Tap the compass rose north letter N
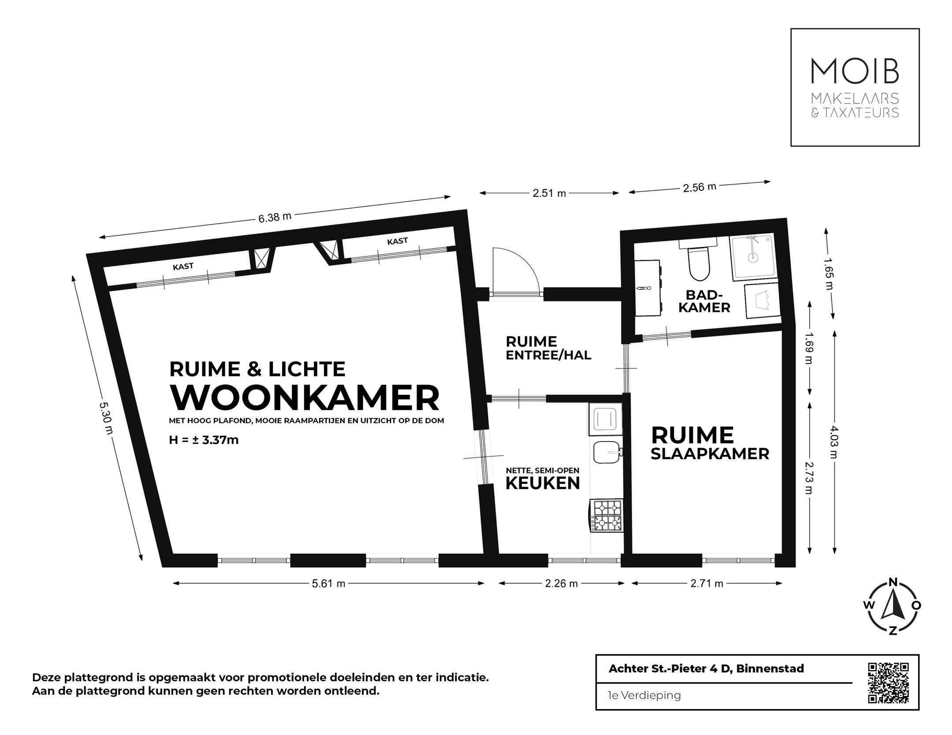(x=893, y=582)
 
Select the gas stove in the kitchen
(x=607, y=516)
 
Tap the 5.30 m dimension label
(x=106, y=418)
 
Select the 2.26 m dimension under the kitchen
(x=561, y=583)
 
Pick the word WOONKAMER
(x=305, y=398)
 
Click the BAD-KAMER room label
(x=704, y=301)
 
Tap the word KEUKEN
(x=543, y=483)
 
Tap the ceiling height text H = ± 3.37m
(x=204, y=440)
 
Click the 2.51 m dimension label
(x=549, y=193)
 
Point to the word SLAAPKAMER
(x=710, y=453)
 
